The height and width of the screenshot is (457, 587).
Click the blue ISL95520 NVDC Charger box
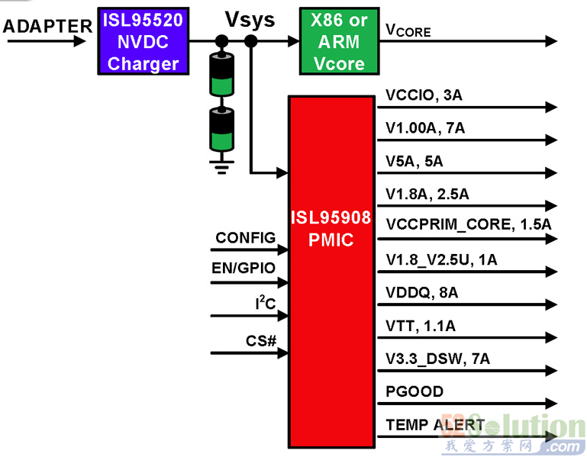click(142, 41)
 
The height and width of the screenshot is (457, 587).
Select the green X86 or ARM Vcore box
click(339, 41)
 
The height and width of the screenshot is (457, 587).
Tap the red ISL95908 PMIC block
click(330, 229)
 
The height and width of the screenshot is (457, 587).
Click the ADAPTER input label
click(47, 26)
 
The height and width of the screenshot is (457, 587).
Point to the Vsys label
click(250, 20)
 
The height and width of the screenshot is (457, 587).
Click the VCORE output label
click(408, 31)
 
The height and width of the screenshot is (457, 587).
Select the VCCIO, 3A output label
click(424, 95)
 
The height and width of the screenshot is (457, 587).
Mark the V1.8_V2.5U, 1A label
click(441, 259)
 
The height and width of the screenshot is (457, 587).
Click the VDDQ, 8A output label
click(422, 292)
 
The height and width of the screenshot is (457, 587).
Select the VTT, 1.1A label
click(421, 326)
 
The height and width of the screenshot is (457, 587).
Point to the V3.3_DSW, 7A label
click(438, 359)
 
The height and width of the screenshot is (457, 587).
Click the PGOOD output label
click(414, 391)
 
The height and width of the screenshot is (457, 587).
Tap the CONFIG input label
click(245, 238)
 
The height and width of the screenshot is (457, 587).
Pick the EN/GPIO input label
click(244, 268)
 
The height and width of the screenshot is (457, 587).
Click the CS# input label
click(261, 340)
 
